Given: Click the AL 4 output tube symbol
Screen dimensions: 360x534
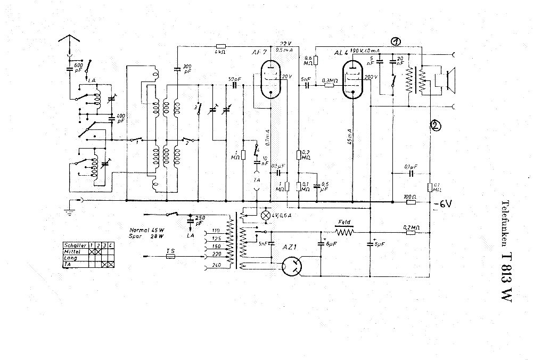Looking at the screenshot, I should coord(353,80).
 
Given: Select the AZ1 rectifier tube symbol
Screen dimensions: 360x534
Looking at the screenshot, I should coord(291,266).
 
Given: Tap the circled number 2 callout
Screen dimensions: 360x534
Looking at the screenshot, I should coord(435,126).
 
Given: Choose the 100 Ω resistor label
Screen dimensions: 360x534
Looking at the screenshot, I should coord(410,196).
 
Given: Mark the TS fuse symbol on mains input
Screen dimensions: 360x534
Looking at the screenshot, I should coord(170,256).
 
